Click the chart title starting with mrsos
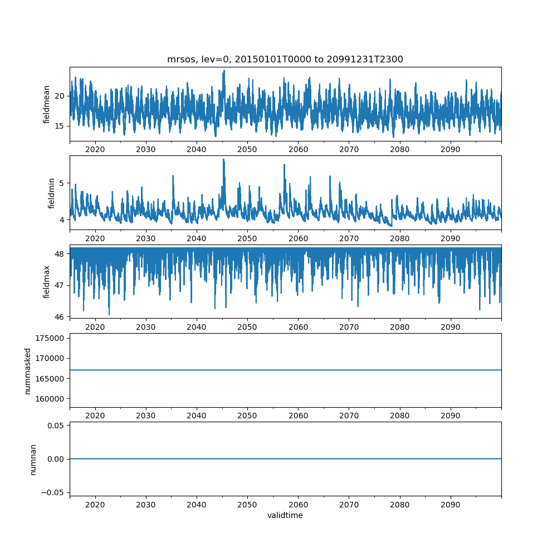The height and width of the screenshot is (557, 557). click(x=285, y=59)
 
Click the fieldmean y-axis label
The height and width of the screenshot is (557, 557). click(x=47, y=104)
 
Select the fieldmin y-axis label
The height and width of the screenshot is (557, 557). click(x=51, y=193)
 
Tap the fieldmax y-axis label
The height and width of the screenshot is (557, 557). click(x=47, y=282)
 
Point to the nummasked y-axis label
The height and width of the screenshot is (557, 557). click(x=27, y=371)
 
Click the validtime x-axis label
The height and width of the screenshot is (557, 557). click(x=285, y=515)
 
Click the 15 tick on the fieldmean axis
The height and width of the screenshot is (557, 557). click(x=60, y=126)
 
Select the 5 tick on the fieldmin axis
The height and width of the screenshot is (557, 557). click(x=62, y=183)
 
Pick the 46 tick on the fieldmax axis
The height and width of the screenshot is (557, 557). click(x=60, y=317)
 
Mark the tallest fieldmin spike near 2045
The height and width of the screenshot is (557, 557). click(x=223, y=159)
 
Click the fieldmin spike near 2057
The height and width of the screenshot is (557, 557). click(x=284, y=165)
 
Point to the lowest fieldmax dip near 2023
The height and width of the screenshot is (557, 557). click(x=109, y=314)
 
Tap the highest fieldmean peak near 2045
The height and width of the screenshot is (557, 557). click(x=224, y=71)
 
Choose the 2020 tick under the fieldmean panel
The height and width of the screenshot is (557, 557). click(x=95, y=150)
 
